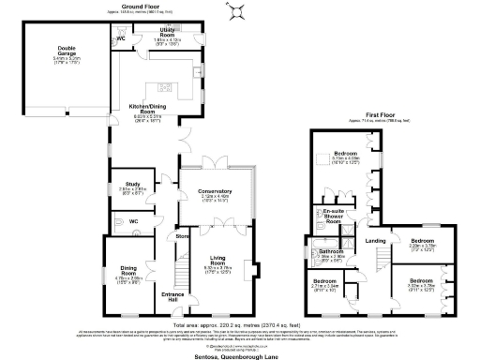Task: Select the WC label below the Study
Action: click(x=134, y=221)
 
